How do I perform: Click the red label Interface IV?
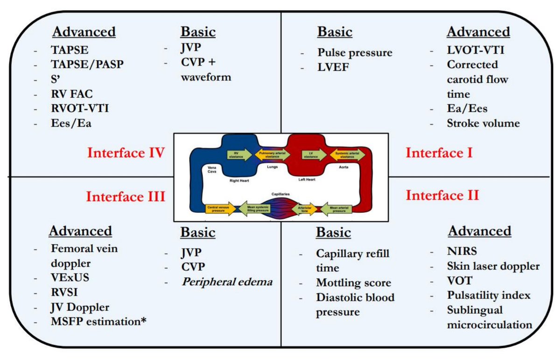(x=125, y=153)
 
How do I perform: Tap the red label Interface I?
(x=439, y=153)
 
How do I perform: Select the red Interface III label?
(x=125, y=196)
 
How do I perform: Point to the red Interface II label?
(x=442, y=195)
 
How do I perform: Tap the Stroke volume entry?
(x=483, y=123)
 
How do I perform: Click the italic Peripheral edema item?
(x=227, y=282)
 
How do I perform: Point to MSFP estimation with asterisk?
(x=98, y=322)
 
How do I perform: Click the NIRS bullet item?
(x=462, y=252)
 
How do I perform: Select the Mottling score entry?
(x=353, y=282)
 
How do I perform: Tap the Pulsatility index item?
(x=489, y=296)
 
